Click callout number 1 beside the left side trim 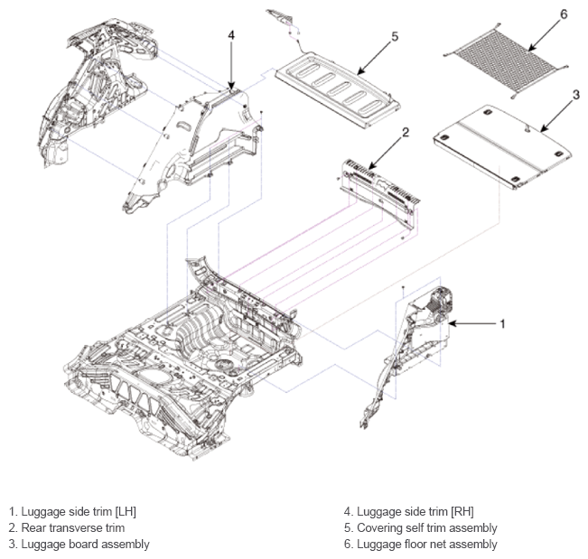[x=502, y=323]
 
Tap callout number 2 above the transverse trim [x=406, y=133]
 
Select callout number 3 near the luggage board [x=576, y=95]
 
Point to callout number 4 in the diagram [x=231, y=35]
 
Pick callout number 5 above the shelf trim [x=395, y=37]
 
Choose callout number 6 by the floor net [x=564, y=14]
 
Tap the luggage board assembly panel [x=502, y=146]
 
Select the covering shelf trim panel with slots [x=338, y=90]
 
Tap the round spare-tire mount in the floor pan [x=224, y=363]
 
